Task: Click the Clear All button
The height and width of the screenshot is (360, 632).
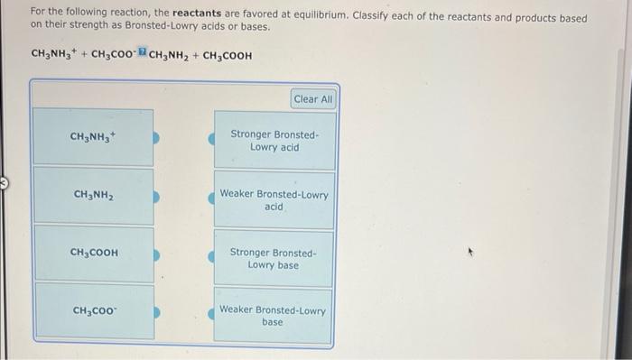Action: point(313,98)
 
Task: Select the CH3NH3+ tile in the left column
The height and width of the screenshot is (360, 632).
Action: point(93,137)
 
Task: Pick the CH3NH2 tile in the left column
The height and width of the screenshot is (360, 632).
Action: point(93,195)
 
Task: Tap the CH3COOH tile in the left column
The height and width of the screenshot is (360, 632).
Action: point(93,253)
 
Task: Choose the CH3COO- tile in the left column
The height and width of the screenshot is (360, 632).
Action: point(93,311)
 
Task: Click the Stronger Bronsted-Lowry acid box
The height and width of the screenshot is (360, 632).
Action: point(274,140)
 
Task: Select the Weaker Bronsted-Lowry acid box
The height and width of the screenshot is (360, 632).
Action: point(274,199)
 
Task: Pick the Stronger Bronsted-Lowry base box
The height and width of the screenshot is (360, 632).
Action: point(274,258)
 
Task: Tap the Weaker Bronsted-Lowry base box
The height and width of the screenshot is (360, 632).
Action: point(274,315)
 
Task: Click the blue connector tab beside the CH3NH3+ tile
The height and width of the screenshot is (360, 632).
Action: point(156,139)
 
